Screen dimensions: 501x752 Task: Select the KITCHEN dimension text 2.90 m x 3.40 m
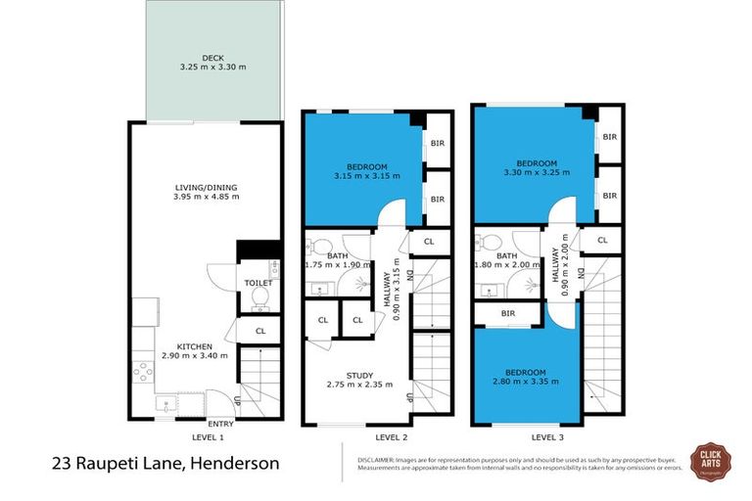(194, 356)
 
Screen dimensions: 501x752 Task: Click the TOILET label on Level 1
(258, 283)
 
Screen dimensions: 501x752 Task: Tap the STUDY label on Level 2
(353, 374)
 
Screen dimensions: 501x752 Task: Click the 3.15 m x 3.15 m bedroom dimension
(354, 177)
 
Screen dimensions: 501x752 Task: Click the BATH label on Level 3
(506, 256)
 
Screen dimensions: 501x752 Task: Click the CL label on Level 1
(259, 331)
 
